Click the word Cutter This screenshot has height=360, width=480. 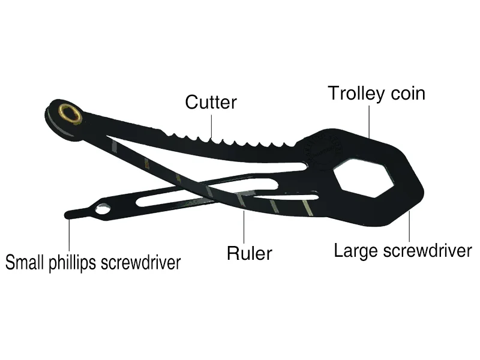211,101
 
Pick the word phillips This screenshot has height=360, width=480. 76,263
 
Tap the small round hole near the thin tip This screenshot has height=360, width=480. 103,210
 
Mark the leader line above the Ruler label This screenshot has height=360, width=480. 245,224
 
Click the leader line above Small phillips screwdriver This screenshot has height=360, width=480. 71,235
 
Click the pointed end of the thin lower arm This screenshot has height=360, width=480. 68,213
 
